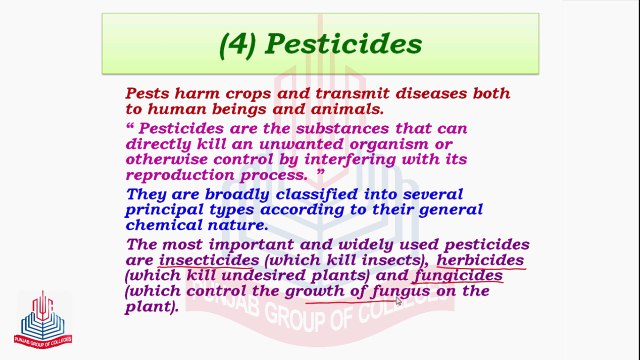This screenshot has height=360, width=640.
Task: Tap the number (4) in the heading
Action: (242, 44)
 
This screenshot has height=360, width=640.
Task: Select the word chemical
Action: (165, 226)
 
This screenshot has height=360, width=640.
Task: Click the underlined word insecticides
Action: (210, 261)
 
